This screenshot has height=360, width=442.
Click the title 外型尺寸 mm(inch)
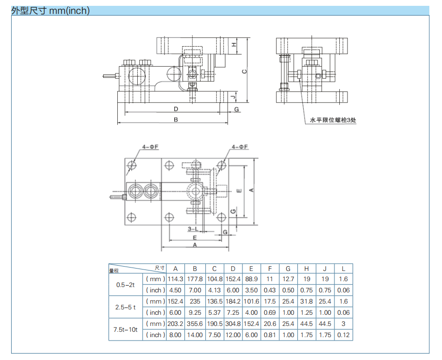click(x=51, y=10)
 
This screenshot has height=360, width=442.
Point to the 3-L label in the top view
click(x=192, y=229)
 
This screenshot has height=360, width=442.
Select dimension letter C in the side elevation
click(x=244, y=72)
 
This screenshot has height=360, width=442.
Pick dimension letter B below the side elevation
click(x=176, y=119)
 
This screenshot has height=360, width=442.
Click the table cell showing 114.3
click(x=176, y=279)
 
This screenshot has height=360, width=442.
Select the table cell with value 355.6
click(x=195, y=324)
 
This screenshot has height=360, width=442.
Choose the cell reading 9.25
click(x=195, y=313)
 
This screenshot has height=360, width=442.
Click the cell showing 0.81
click(x=269, y=335)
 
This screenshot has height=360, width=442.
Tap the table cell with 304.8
click(x=233, y=324)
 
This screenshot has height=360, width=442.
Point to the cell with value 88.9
click(x=251, y=279)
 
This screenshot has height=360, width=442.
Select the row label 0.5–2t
click(x=125, y=285)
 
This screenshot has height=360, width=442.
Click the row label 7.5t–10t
click(x=125, y=329)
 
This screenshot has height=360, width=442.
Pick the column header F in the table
click(x=269, y=268)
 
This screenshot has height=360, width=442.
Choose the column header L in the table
click(x=344, y=268)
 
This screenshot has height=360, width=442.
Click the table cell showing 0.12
click(x=344, y=335)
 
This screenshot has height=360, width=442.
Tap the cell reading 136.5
click(x=214, y=302)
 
